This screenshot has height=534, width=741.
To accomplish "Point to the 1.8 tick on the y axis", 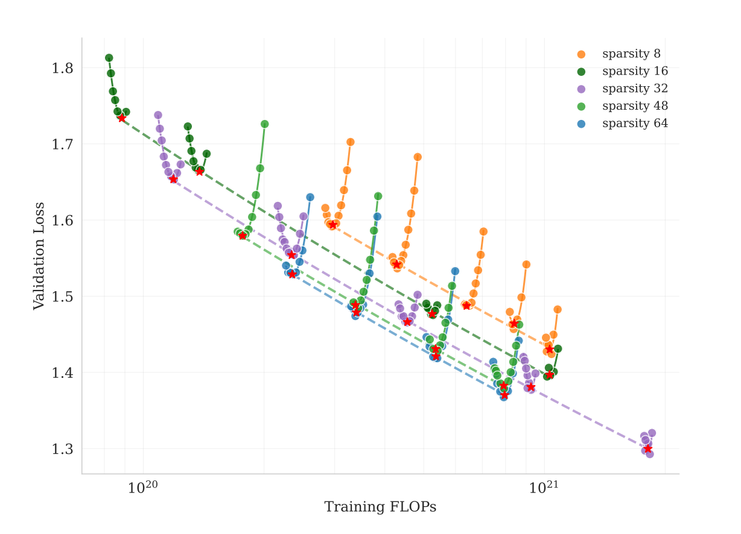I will pyautogui.click(x=62, y=68).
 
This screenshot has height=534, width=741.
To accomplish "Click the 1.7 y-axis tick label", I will pyautogui.click(x=62, y=144).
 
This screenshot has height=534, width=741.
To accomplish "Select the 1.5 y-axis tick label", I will pyautogui.click(x=62, y=297).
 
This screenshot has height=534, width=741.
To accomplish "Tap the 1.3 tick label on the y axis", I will pyautogui.click(x=62, y=449).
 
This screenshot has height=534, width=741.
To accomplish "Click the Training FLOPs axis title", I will pyautogui.click(x=380, y=507).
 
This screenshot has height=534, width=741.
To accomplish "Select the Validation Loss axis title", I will pyautogui.click(x=39, y=256).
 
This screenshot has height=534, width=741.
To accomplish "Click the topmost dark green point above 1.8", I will pyautogui.click(x=109, y=58).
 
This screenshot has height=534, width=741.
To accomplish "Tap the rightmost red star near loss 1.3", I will pyautogui.click(x=647, y=448).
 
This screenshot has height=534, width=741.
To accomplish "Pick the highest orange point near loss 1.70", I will pyautogui.click(x=351, y=142).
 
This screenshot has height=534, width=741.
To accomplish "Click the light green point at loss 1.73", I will pyautogui.click(x=264, y=124).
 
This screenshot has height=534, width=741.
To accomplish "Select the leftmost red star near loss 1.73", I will pyautogui.click(x=122, y=118).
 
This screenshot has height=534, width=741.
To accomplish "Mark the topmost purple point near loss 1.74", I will pyautogui.click(x=158, y=115).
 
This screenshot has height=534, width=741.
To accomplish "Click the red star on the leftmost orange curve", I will pyautogui.click(x=332, y=225).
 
